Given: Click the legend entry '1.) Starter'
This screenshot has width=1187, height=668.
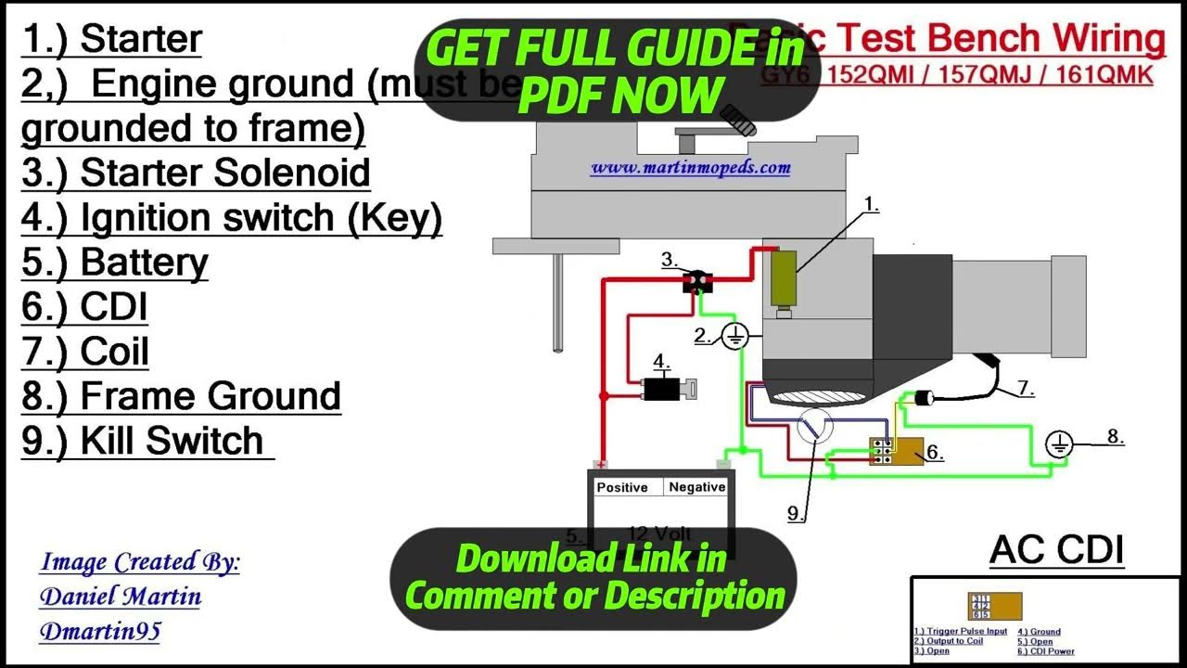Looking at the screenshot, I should [111, 40].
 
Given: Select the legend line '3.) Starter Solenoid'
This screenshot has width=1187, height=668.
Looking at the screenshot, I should [196, 173].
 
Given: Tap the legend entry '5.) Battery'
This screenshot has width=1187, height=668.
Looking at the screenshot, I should [115, 263].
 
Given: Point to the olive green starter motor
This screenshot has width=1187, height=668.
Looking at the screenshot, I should [785, 279].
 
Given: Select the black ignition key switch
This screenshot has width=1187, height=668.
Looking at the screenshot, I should [663, 389].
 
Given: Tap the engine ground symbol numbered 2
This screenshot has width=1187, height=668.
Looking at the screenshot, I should [734, 337].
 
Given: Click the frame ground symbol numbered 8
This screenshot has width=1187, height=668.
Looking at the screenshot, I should [1059, 445].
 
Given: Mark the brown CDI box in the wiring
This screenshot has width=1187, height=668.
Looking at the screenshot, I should [899, 451].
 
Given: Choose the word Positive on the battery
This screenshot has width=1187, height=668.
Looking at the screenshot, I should [622, 487].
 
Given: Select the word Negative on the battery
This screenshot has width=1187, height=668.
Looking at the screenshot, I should [697, 487].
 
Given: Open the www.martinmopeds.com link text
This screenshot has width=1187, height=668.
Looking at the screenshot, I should [690, 168].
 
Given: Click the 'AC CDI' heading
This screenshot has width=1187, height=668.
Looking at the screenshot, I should [1056, 550].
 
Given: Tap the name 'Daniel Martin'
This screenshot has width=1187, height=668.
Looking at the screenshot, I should [121, 596].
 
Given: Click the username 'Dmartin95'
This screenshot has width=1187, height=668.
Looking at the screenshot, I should [100, 632].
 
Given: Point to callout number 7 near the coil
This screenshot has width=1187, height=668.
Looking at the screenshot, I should [1025, 389].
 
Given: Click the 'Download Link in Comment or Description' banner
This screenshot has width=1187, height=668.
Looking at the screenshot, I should [593, 577].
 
